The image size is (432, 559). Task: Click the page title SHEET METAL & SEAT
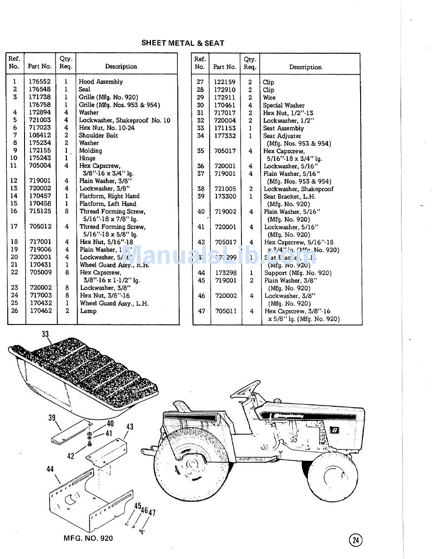pos(182,43)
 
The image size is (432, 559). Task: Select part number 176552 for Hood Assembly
pos(40,82)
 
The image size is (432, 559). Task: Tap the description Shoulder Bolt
pos(98,135)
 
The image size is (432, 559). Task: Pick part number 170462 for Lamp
pos(41,311)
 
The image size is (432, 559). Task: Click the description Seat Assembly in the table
pos(283,128)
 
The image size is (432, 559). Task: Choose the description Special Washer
pos(284,105)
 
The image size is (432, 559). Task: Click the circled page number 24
pos(356,540)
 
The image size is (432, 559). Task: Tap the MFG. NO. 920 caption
pos(88,539)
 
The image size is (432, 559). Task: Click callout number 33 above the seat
pos(45,334)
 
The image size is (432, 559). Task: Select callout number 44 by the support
pos(50,469)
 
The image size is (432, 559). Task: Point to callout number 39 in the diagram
pos(52,418)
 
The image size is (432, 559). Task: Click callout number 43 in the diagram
pos(130,427)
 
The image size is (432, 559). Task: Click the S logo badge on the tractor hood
pos(335,429)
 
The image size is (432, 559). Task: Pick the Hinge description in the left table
pos(87,158)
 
